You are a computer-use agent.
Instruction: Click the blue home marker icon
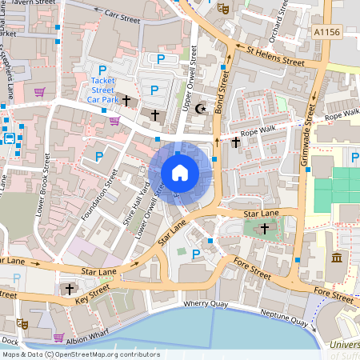pyautogui.click(x=180, y=173)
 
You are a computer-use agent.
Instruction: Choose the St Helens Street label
pyautogui.click(x=275, y=57)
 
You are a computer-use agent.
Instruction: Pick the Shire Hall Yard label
pyautogui.click(x=135, y=209)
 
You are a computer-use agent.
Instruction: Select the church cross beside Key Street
pyautogui.click(x=69, y=289)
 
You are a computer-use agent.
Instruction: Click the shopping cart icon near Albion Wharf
pyautogui.click(x=58, y=338)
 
